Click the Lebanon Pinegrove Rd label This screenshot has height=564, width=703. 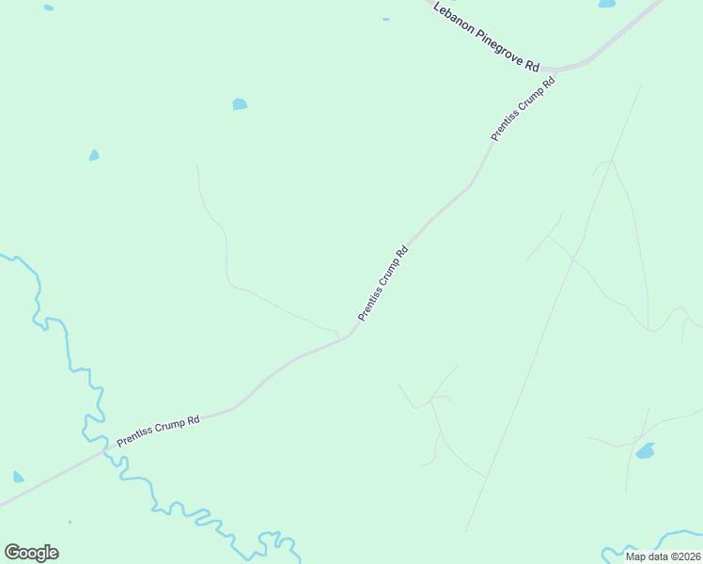tap(486, 37)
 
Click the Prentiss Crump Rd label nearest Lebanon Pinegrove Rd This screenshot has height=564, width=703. tap(523, 109)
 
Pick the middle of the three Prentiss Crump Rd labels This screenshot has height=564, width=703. tap(383, 284)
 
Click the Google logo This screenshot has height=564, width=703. tap(31, 553)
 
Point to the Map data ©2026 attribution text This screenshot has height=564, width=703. tap(664, 556)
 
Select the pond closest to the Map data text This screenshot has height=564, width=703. tap(645, 452)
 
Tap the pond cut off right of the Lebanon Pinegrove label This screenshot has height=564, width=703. tap(607, 3)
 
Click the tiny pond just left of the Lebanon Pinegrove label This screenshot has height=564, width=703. tap(385, 19)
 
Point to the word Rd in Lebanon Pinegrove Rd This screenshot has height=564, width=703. tap(533, 66)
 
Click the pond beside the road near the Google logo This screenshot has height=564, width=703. tap(18, 478)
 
